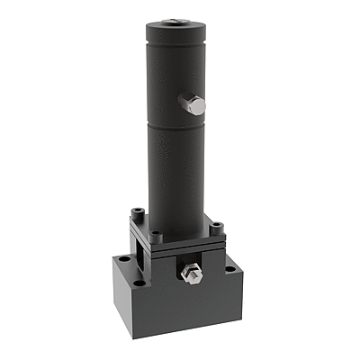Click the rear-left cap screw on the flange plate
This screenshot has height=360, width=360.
[137, 211]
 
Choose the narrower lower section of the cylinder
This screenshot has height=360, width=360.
[175, 175]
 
